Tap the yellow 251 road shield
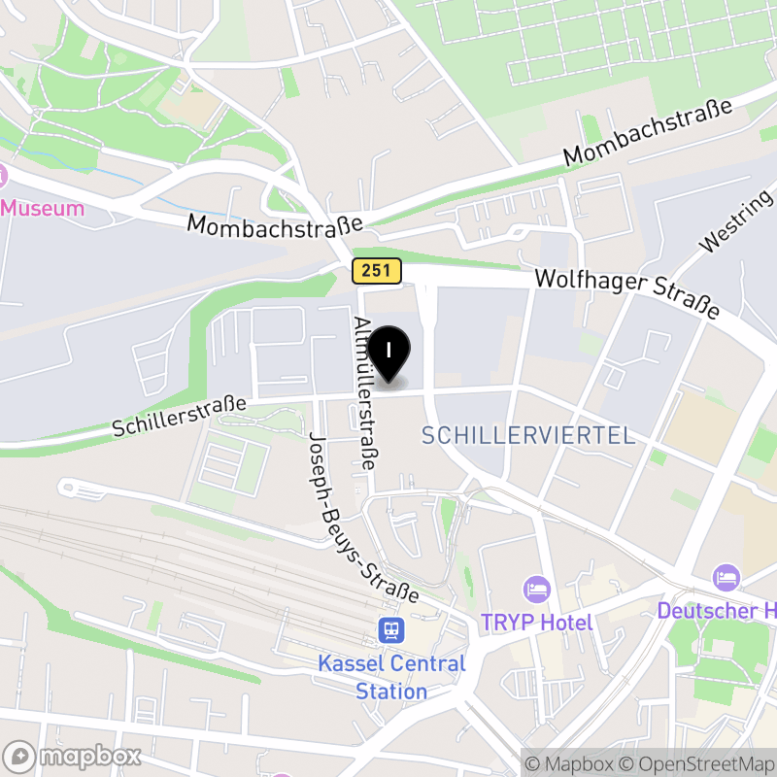(377, 271)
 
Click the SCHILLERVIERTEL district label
(528, 436)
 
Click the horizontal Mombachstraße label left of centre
(275, 224)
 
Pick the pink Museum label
(43, 208)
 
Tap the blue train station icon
(391, 631)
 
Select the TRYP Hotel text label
(537, 622)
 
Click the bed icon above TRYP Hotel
(536, 588)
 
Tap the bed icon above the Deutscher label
(726, 577)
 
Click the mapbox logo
(74, 756)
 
